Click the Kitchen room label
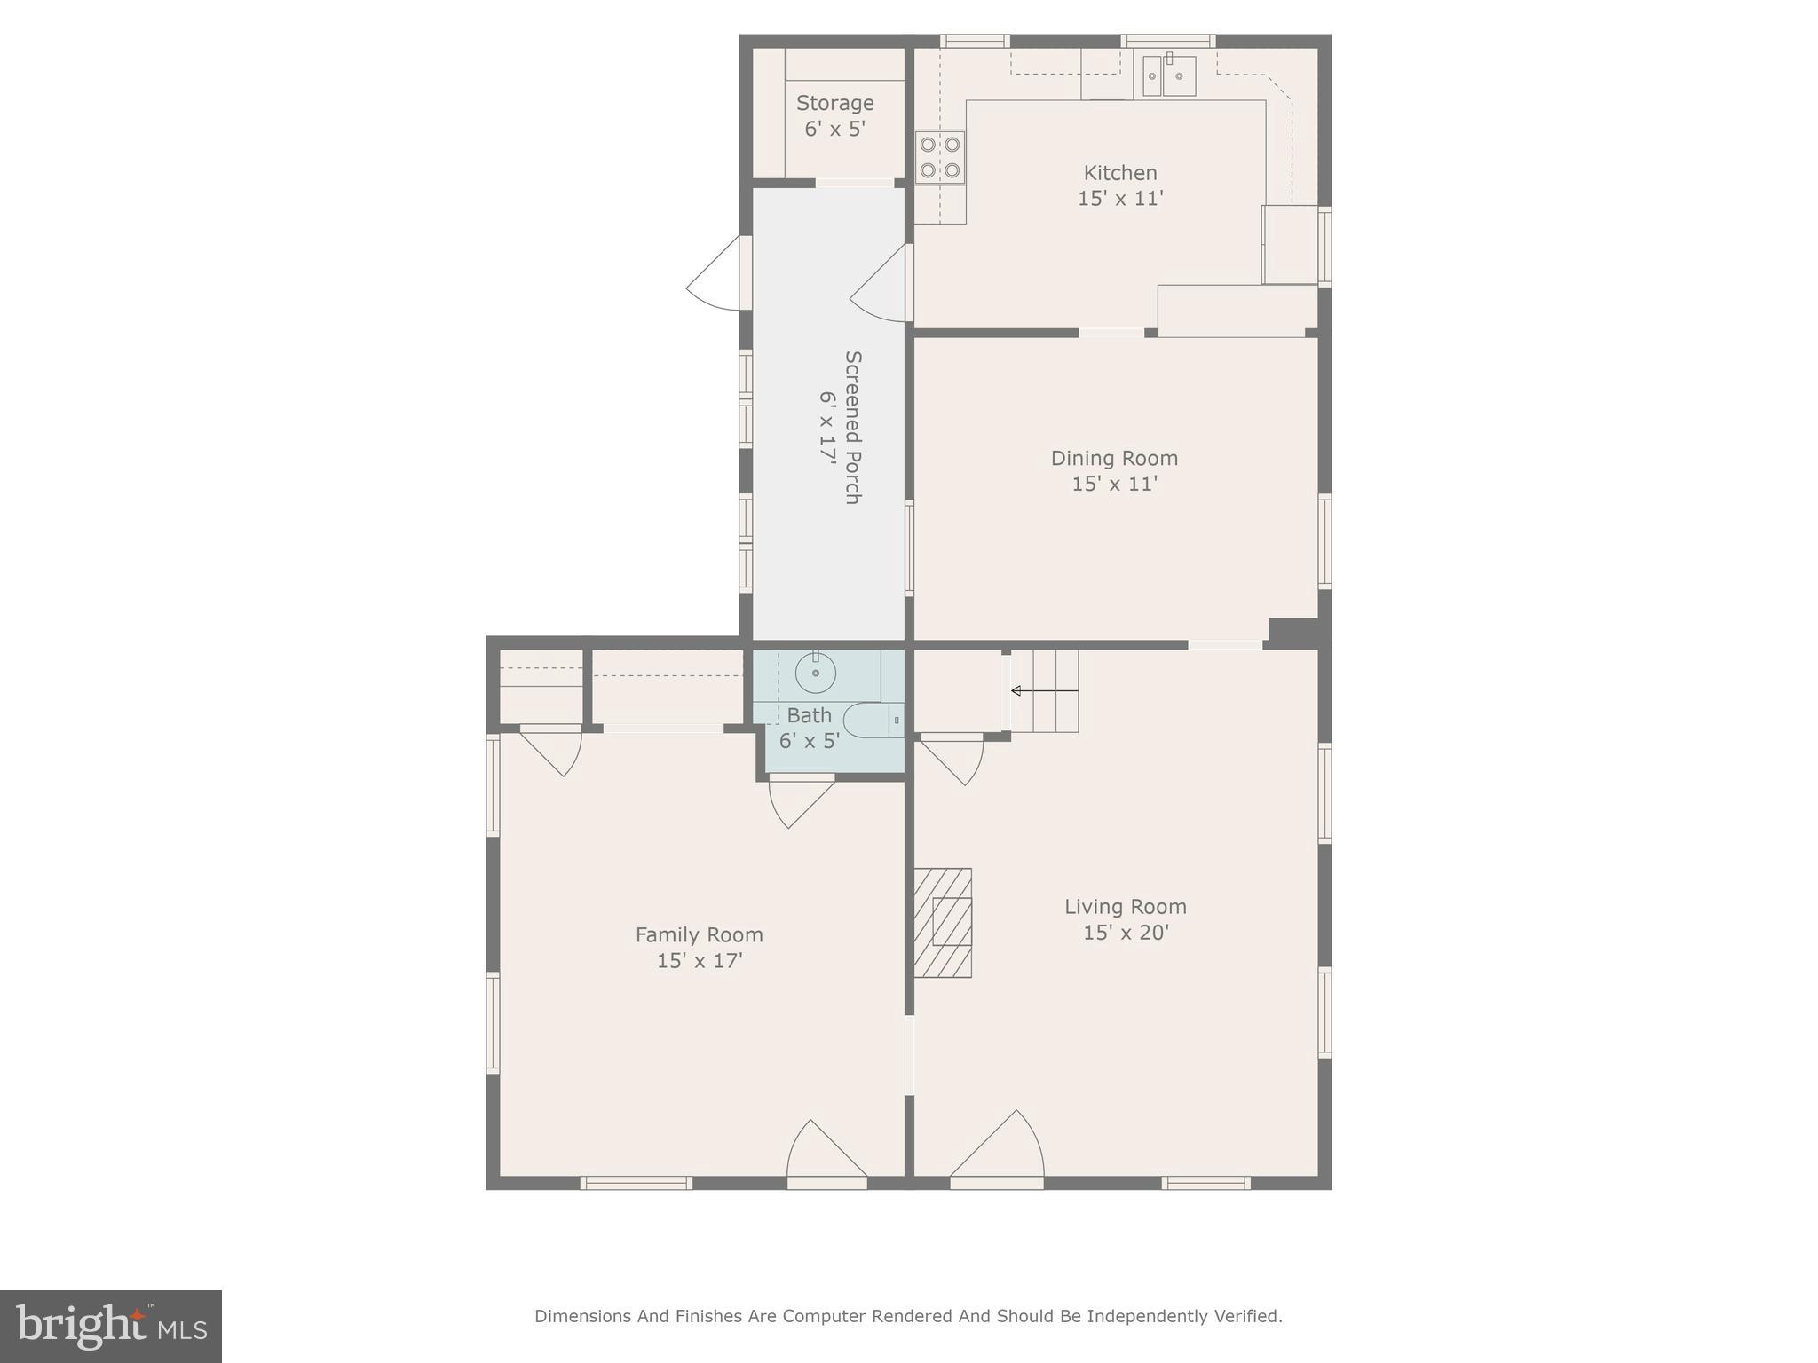tap(1119, 173)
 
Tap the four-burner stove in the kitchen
tap(940, 157)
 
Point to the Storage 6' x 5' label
tap(834, 115)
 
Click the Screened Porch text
tap(851, 427)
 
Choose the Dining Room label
tap(1114, 458)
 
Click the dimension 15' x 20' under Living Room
tap(1126, 933)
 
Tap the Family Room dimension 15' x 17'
tap(699, 960)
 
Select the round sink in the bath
tap(815, 674)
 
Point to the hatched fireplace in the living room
tap(943, 923)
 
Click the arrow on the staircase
tap(1043, 690)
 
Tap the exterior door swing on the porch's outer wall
tap(715, 275)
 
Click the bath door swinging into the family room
tap(798, 801)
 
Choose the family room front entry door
tap(825, 1154)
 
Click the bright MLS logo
tap(111, 1326)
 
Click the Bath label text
tap(809, 715)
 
